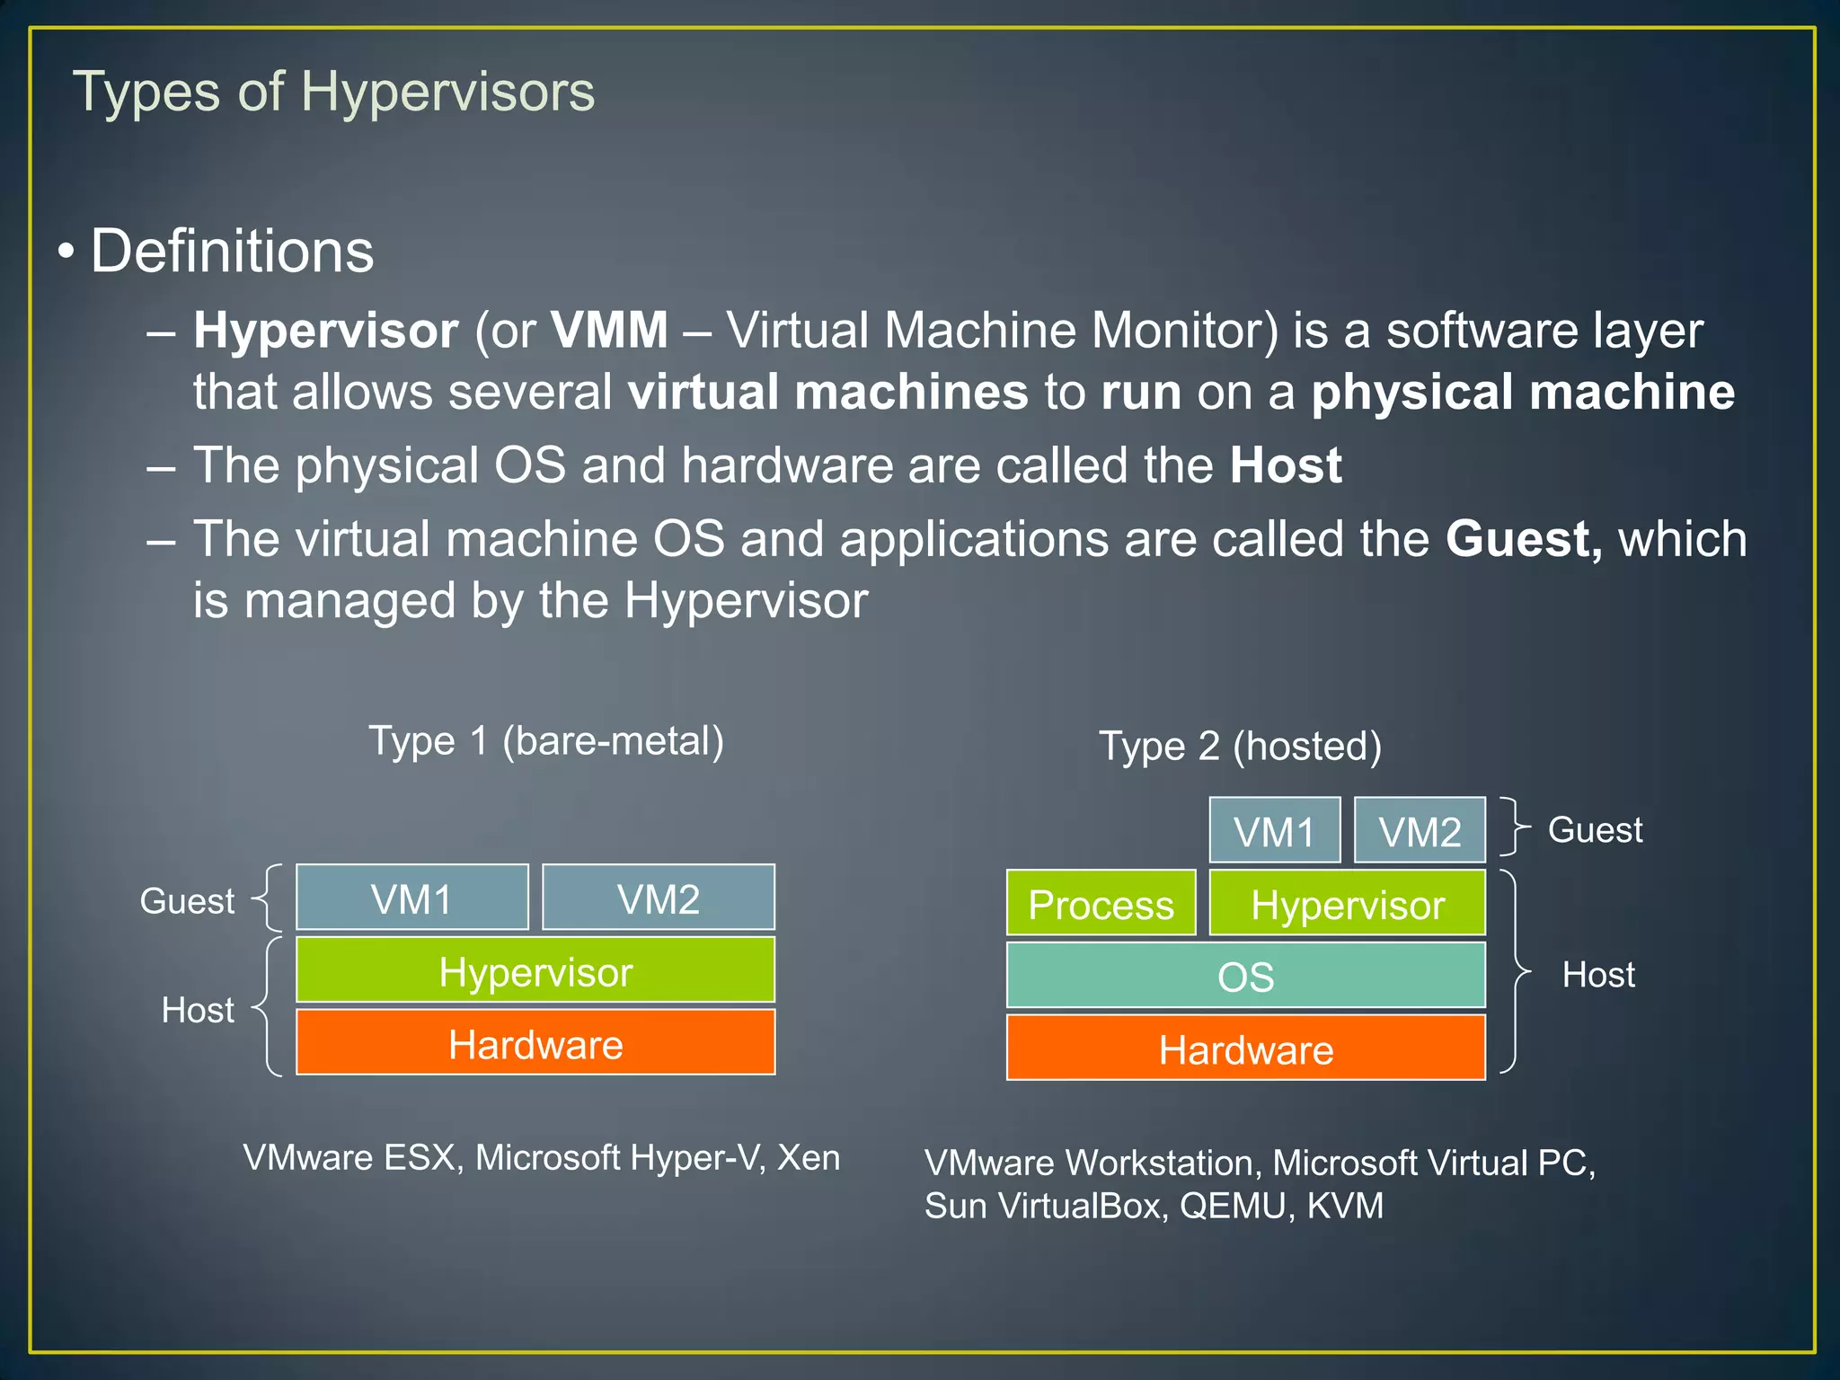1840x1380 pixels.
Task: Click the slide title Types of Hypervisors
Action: (x=333, y=92)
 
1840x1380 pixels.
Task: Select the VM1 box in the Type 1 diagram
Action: (x=412, y=898)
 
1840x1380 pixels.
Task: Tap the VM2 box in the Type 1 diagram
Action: (x=659, y=898)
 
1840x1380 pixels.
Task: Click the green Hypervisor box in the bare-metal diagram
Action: (x=535, y=970)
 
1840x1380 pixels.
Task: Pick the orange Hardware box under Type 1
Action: (x=535, y=1043)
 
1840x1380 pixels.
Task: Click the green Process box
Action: (x=1101, y=903)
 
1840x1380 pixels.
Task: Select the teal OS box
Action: (x=1245, y=976)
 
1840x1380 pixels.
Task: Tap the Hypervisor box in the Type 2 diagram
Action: (x=1347, y=903)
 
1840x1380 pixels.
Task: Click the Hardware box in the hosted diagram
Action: (x=1245, y=1048)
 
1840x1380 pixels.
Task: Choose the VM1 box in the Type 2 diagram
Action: (x=1274, y=831)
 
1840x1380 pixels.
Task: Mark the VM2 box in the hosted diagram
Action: (x=1420, y=831)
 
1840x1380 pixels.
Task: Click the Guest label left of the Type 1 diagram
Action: (x=187, y=900)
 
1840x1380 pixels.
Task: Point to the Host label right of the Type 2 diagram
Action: (x=1598, y=975)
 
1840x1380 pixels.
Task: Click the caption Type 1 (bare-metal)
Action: (x=546, y=742)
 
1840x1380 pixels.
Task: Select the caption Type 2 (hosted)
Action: (x=1240, y=747)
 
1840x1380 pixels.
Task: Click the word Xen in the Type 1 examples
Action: (x=809, y=1157)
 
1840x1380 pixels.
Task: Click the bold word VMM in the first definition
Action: (x=609, y=330)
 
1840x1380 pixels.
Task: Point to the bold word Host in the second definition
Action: (x=1286, y=465)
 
